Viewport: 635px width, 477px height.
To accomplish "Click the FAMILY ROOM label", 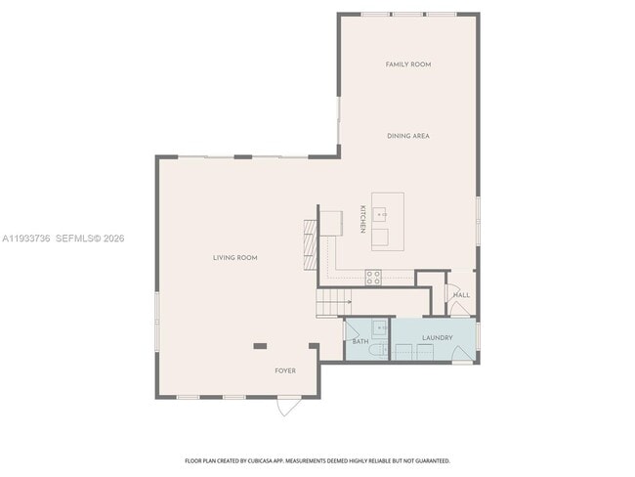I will (x=407, y=65).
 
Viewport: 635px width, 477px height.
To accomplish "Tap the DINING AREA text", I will (x=407, y=136).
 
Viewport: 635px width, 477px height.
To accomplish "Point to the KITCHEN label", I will (x=361, y=219).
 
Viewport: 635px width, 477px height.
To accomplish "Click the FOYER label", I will (x=284, y=370).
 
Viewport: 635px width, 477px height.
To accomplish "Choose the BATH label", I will (x=360, y=341).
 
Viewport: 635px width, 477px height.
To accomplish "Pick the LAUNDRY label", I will (x=437, y=338).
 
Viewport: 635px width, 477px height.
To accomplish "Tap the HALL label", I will (x=461, y=294).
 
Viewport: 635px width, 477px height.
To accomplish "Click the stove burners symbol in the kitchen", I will (x=372, y=277).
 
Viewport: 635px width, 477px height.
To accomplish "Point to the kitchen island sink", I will (x=381, y=210).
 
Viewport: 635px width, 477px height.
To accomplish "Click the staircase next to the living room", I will (x=333, y=303).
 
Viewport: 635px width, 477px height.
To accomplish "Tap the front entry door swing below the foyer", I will (x=288, y=406).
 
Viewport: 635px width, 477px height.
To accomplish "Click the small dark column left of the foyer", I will (x=260, y=345).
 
